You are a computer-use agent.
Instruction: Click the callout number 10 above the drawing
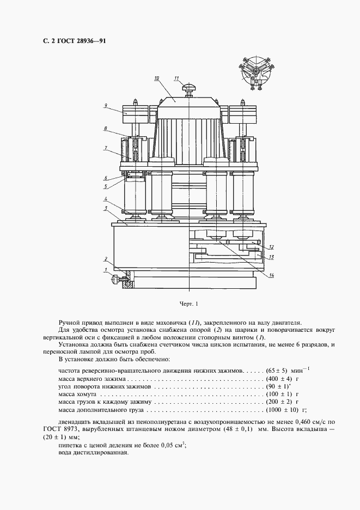click(156, 78)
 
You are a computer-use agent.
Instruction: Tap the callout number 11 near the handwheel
click(176, 78)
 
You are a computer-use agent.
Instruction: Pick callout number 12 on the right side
click(271, 247)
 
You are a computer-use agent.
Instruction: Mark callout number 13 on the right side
click(271, 257)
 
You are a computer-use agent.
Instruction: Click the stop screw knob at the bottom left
click(115, 280)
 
